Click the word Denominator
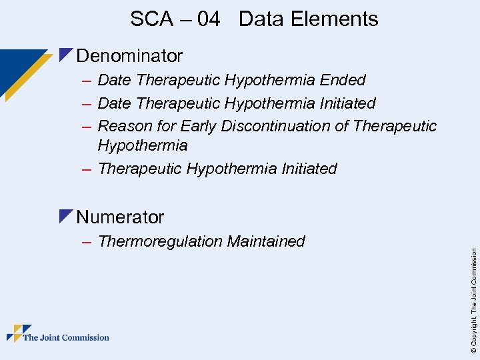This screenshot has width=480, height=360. click(129, 55)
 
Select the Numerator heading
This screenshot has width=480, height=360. click(120, 217)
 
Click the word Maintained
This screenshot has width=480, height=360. click(266, 241)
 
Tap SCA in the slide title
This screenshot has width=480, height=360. click(151, 19)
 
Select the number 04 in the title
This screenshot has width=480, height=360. click(208, 19)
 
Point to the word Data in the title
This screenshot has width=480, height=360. click(261, 19)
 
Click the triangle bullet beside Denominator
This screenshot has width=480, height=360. click(65, 55)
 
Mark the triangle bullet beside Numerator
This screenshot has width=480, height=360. click(65, 216)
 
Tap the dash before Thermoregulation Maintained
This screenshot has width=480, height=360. click(87, 242)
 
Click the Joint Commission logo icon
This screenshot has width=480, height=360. click(19, 334)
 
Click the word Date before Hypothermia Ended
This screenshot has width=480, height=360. click(114, 81)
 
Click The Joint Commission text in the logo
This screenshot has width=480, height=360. click(66, 338)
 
